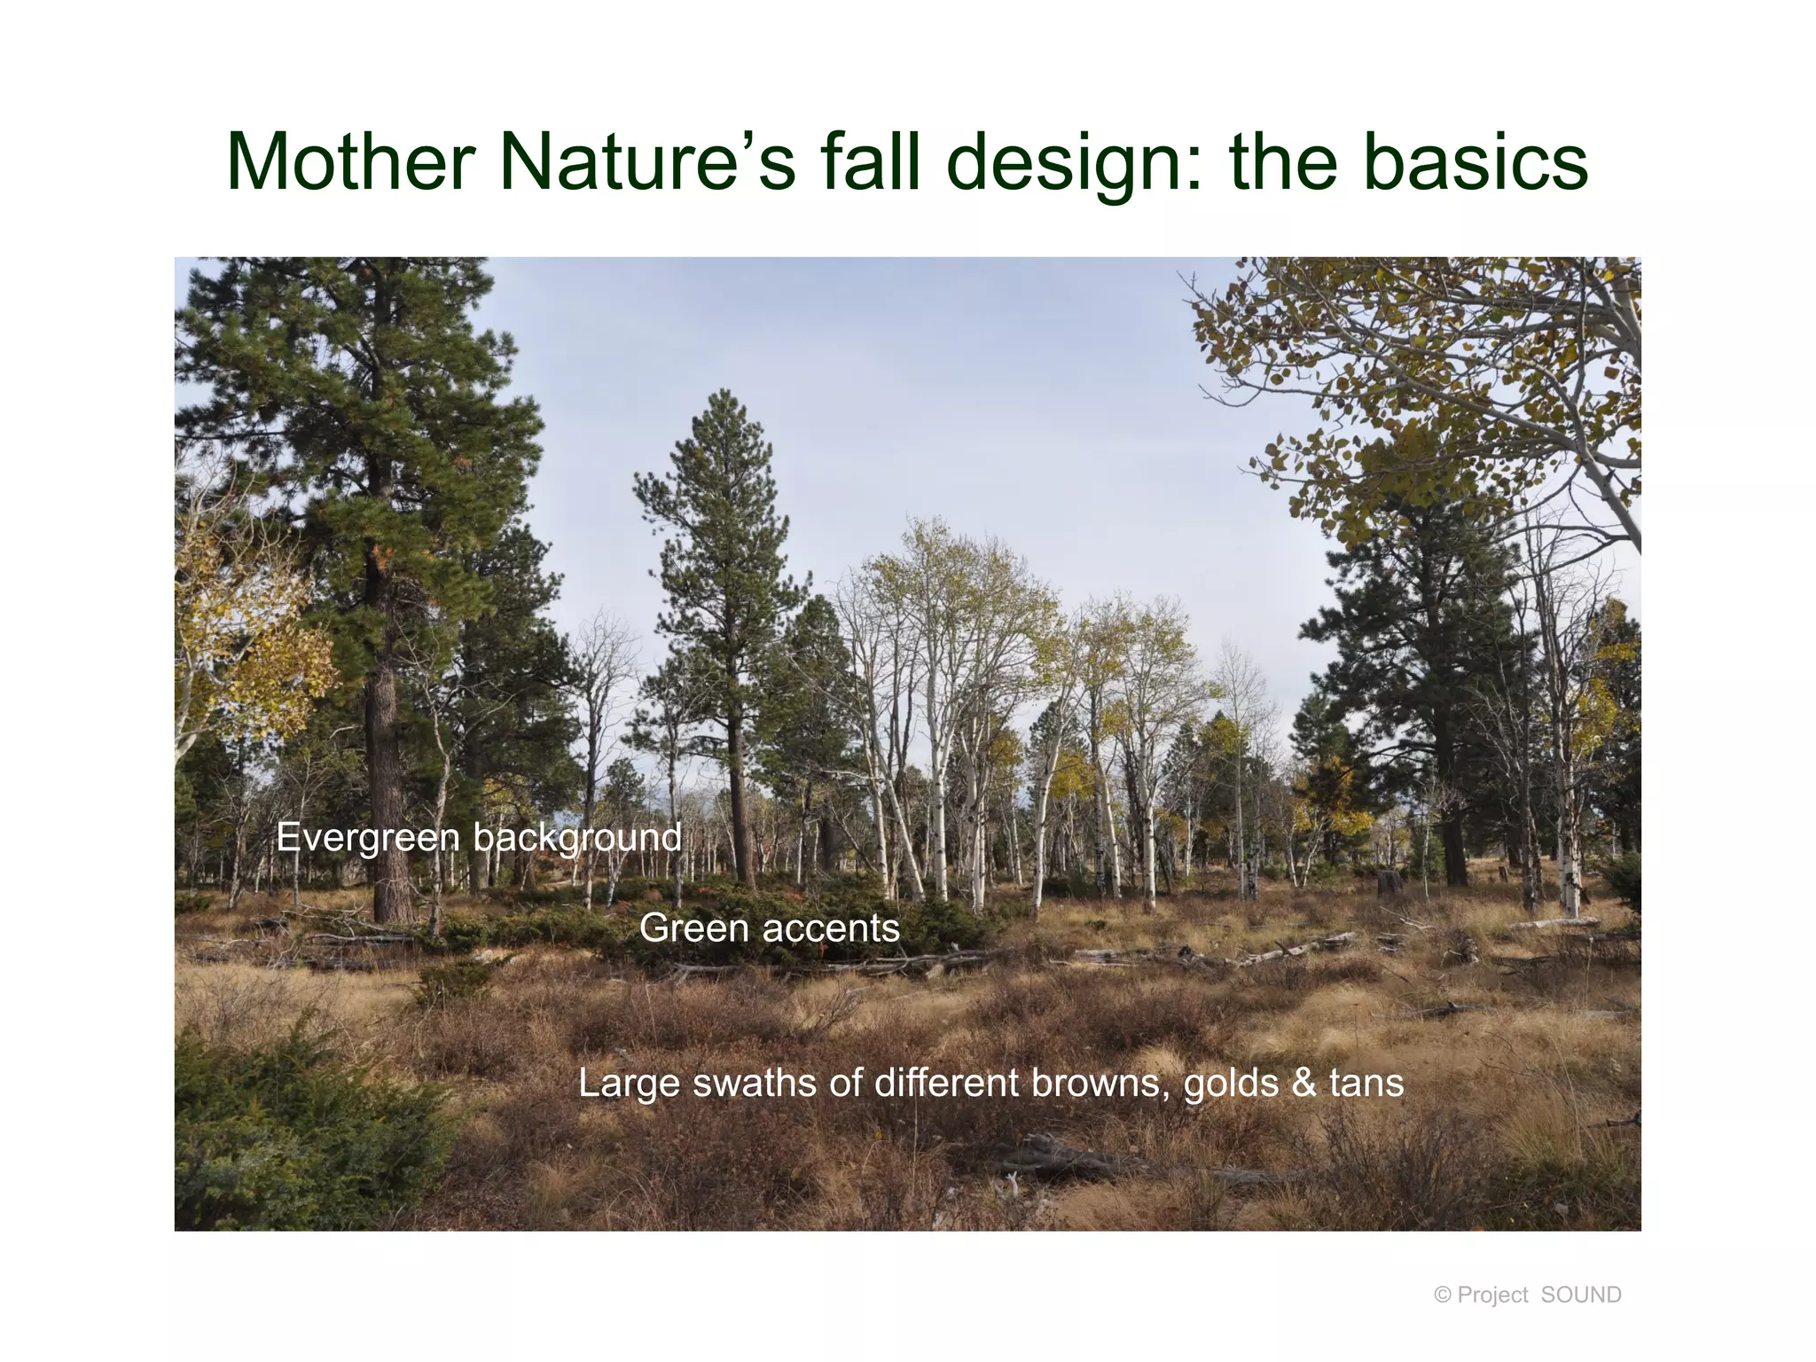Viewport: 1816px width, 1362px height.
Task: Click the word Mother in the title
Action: (x=351, y=162)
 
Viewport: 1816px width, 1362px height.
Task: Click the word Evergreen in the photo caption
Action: (x=368, y=838)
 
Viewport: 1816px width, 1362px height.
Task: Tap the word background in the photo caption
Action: (x=577, y=838)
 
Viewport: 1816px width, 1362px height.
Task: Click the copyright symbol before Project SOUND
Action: (x=1442, y=1295)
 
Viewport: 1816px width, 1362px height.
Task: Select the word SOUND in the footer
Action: (x=1581, y=1295)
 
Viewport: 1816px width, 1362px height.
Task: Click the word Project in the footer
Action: (x=1492, y=1295)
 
